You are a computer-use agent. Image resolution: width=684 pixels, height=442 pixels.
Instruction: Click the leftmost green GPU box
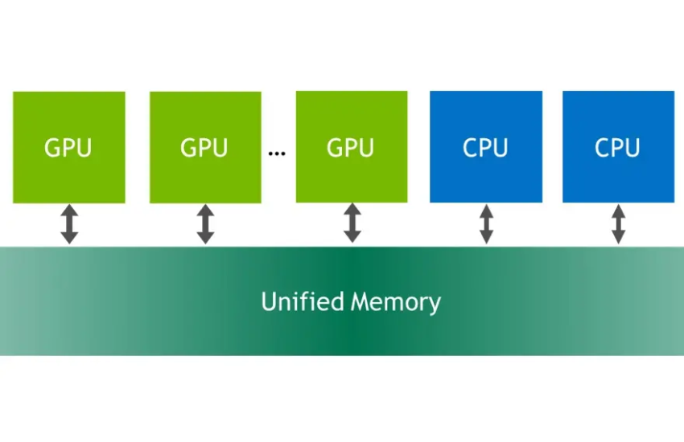coord(69,147)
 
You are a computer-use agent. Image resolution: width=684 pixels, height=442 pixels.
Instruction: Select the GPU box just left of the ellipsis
coord(205,147)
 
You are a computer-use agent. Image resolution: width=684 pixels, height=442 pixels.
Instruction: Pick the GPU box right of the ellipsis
coord(352,147)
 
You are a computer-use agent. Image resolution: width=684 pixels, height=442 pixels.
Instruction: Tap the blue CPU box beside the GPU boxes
coord(486,147)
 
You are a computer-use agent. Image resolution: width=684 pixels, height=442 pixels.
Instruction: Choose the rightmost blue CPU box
coord(618,147)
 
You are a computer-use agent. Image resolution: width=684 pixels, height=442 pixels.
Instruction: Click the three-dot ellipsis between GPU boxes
coord(277,153)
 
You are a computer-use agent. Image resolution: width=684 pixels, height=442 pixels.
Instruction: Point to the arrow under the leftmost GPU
coord(69,224)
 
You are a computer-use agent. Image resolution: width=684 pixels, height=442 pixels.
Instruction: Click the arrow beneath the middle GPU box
coord(205,224)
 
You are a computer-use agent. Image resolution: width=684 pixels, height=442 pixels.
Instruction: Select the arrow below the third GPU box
coord(352,223)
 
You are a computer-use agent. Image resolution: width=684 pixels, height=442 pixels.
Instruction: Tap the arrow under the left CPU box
coord(486,224)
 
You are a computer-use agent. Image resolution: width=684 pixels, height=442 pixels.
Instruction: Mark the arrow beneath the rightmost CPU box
coord(618,224)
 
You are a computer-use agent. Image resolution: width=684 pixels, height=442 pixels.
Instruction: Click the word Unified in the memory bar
coord(303,301)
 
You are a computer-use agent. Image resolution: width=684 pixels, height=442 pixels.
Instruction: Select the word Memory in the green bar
coord(396,303)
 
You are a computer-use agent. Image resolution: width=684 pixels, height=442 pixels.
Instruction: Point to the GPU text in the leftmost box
coord(68,148)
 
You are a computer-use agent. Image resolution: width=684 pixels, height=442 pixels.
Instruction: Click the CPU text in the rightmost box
coord(617,147)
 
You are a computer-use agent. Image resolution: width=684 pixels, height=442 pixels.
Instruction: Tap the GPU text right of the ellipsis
coord(350,147)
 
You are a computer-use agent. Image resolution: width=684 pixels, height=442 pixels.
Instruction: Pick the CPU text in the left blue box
coord(485,147)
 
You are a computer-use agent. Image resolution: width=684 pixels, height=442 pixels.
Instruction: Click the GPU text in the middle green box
coord(204,148)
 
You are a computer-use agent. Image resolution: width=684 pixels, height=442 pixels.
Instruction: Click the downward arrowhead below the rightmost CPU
coord(618,237)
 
